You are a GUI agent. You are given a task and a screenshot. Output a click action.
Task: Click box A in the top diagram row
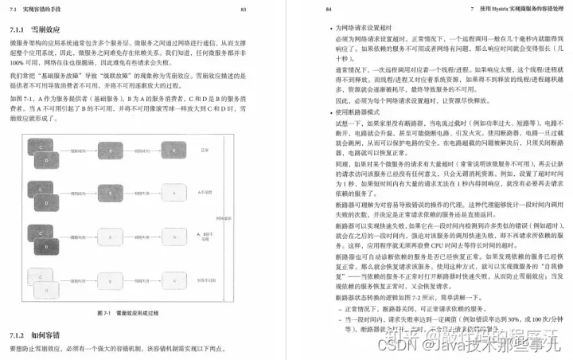[x=174, y=149]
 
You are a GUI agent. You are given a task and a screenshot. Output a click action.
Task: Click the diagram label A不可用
[x=205, y=193]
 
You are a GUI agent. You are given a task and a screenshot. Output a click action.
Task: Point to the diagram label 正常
[x=204, y=149]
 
